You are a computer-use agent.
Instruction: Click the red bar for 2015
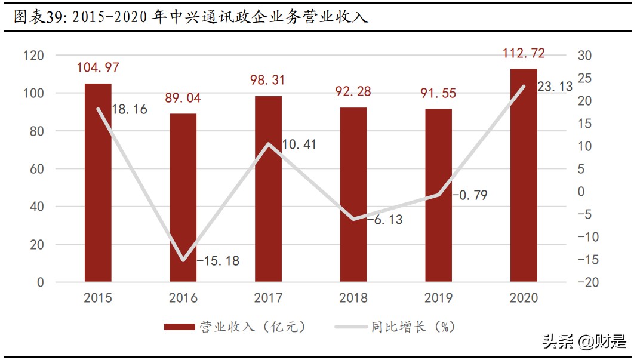pyautogui.click(x=98, y=182)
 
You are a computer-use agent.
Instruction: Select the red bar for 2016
pyautogui.click(x=183, y=197)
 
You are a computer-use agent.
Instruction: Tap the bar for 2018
pyautogui.click(x=353, y=194)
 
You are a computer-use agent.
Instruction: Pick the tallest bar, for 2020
pyautogui.click(x=524, y=175)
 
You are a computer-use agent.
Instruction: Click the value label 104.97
pyautogui.click(x=98, y=68)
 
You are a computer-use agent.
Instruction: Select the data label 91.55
pyautogui.click(x=439, y=93)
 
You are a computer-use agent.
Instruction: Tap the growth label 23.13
pyautogui.click(x=555, y=87)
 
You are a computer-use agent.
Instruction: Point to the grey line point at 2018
pyautogui.click(x=353, y=219)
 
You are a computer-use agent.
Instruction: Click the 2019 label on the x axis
pyautogui.click(x=439, y=297)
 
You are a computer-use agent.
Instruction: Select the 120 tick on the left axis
pyautogui.click(x=34, y=56)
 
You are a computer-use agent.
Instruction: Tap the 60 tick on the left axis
pyautogui.click(x=37, y=169)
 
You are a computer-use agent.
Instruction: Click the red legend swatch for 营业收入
pyautogui.click(x=179, y=327)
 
